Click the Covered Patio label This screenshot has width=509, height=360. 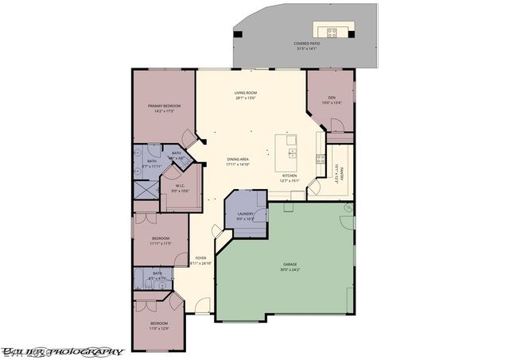pos(306,46)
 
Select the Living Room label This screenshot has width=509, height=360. pos(245,96)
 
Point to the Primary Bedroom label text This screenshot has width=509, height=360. pos(165,108)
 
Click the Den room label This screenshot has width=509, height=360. pos(331,99)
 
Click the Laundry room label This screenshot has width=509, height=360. pos(245,216)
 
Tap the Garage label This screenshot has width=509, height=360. pos(290,267)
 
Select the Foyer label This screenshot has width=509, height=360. pos(201,260)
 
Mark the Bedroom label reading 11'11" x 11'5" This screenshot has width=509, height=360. pos(161,241)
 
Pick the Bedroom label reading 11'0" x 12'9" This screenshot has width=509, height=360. pos(160,325)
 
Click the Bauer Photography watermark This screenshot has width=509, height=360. pos(62,350)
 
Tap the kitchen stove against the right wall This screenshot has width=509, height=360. pos(321,157)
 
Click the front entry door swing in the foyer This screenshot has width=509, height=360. pos(203,304)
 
